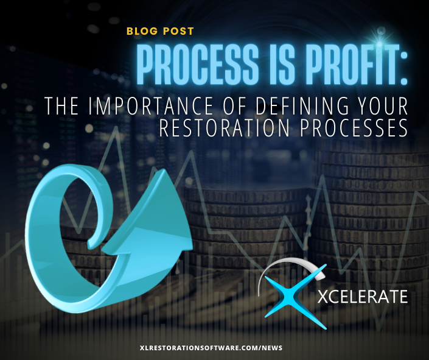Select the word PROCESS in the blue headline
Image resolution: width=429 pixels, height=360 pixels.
tap(197, 64)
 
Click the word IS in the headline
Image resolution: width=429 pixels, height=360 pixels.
tap(282, 64)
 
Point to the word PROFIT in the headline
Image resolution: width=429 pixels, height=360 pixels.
tap(349, 64)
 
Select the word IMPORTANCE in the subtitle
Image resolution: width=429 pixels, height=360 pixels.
tap(150, 105)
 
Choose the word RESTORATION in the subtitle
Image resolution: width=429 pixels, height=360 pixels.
tap(224, 128)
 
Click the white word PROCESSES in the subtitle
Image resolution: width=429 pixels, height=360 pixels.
tap(354, 128)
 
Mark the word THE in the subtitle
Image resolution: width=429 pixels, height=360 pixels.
tap(61, 105)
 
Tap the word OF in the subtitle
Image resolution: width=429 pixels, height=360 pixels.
tap(234, 105)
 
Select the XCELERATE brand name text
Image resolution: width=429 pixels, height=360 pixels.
tap(363, 296)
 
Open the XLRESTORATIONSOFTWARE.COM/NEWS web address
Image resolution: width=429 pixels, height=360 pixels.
tap(211, 348)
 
